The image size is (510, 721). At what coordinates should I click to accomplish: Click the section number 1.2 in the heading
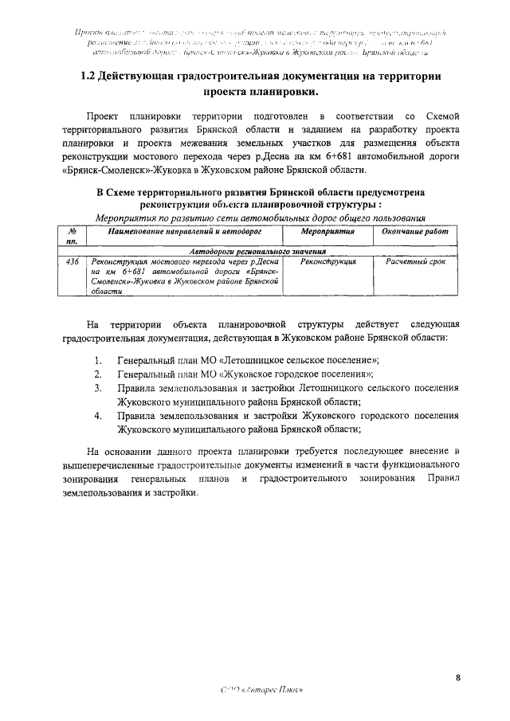[92, 76]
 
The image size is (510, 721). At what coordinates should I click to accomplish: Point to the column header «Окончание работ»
[414, 230]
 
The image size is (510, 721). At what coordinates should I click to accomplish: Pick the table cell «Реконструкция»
[328, 261]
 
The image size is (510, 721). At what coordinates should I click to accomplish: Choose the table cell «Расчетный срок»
[415, 261]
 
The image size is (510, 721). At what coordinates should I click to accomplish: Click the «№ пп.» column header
[71, 235]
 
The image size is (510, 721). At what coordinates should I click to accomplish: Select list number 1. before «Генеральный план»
[98, 359]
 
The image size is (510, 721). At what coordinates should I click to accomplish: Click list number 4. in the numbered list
[98, 415]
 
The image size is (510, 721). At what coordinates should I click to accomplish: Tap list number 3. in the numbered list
[98, 387]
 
